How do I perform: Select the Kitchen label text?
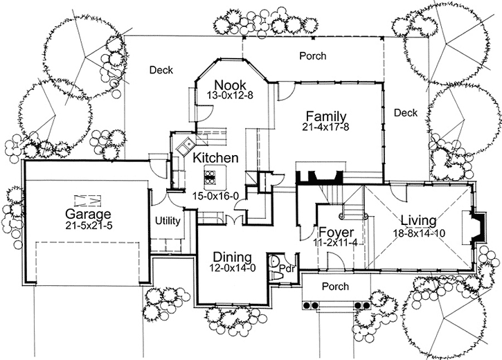tap(215, 158)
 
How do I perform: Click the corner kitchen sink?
tap(185, 145)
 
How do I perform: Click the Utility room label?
tap(168, 222)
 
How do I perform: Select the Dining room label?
tap(231, 257)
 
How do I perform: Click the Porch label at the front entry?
tap(335, 286)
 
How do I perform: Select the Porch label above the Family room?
tap(312, 55)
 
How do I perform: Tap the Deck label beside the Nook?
tap(160, 70)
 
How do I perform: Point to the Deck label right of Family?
tap(405, 113)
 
